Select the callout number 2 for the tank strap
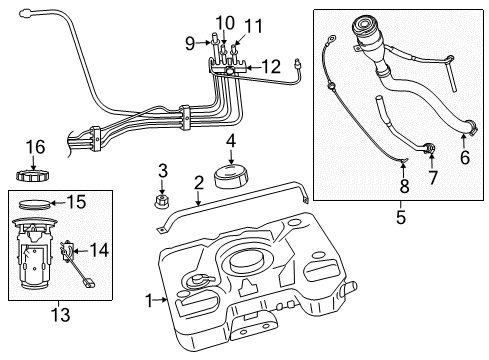click(x=199, y=181)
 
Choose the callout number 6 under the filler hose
click(x=463, y=157)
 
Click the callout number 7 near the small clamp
click(x=433, y=178)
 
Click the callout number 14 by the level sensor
click(x=100, y=250)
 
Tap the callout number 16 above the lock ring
click(x=36, y=147)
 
